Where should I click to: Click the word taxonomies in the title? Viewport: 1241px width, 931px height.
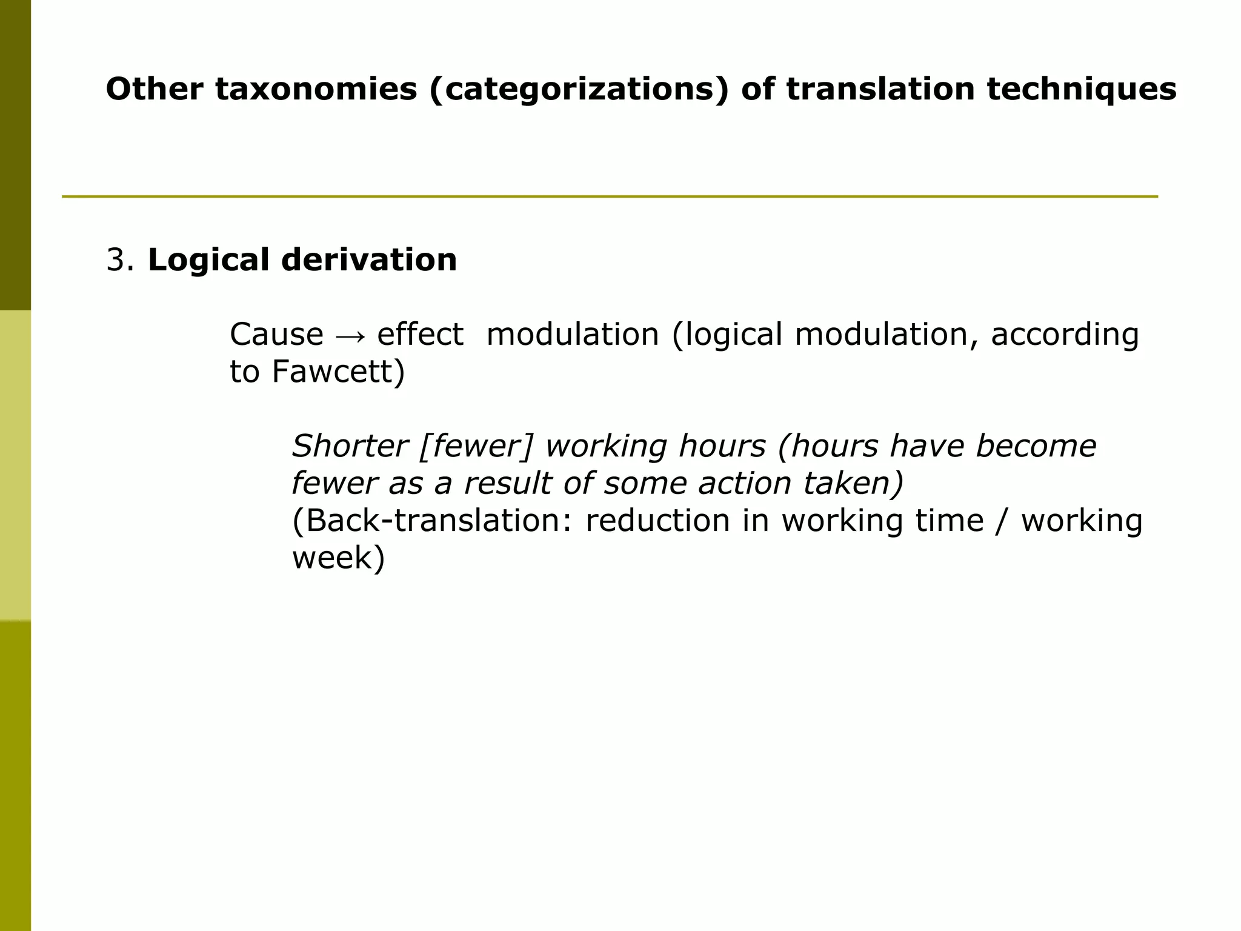[x=316, y=89]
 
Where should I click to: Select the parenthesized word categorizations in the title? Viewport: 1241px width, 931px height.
[x=579, y=89]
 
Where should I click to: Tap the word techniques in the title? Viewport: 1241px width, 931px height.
[x=1082, y=89]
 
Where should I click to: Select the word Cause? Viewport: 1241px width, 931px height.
[x=277, y=335]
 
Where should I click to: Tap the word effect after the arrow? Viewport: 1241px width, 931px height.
[x=420, y=335]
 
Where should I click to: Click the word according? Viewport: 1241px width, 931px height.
[x=1065, y=335]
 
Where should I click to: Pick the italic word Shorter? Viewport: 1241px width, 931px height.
[x=350, y=446]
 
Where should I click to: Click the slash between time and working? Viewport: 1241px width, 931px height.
[x=1002, y=521]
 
